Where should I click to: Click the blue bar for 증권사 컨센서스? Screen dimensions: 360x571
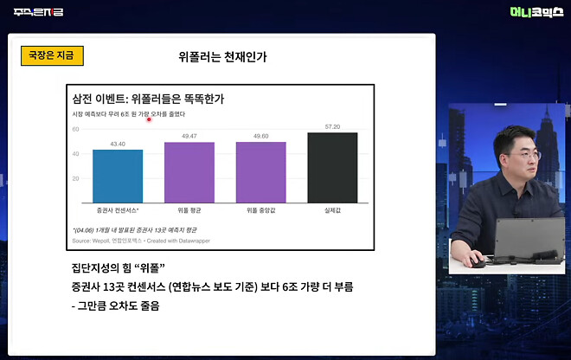pos(118,176)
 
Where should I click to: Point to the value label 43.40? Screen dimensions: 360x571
pos(118,144)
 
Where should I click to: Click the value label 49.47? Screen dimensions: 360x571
pos(189,136)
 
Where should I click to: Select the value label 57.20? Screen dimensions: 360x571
pos(332,126)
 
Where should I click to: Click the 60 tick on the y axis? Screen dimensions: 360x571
pos(75,129)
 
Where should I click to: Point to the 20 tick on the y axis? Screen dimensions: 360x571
pos(75,178)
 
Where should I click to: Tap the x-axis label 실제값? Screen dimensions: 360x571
pos(332,210)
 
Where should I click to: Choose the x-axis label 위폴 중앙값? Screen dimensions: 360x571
pos(261,210)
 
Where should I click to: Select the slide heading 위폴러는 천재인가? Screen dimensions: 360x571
pos(222,58)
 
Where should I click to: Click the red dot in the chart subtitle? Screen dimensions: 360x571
pos(150,120)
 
